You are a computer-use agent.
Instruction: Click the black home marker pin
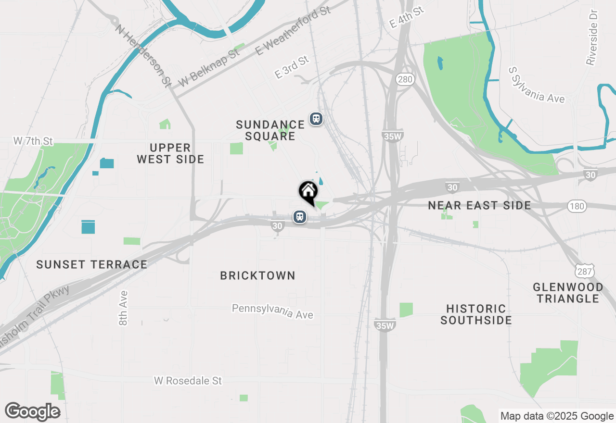[308, 192]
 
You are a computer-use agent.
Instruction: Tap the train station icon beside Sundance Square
[316, 118]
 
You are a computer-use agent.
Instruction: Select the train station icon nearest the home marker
[300, 217]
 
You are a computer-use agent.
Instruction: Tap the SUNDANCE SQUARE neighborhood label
[270, 130]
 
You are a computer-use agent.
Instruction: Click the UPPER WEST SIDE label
[170, 153]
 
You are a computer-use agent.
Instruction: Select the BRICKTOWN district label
[257, 275]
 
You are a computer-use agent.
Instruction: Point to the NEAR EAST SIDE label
[479, 206]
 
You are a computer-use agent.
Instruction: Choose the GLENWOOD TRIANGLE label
[568, 293]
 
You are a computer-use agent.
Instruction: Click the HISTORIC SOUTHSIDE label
[476, 314]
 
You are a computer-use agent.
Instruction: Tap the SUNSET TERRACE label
[91, 264]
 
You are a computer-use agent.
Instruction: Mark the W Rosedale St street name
[188, 381]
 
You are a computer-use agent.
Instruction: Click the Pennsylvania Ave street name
[272, 311]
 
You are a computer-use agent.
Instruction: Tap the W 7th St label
[33, 141]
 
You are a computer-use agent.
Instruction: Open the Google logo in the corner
[32, 411]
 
